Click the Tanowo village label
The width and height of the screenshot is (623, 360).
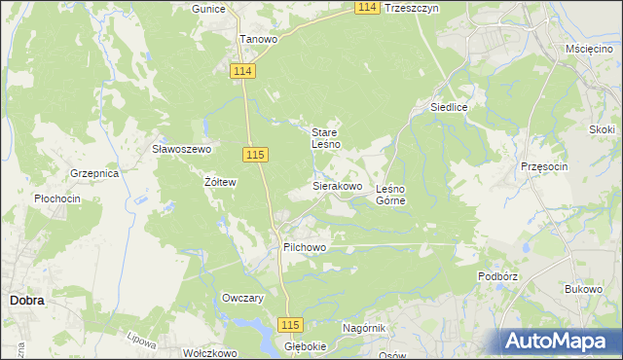pos(259,40)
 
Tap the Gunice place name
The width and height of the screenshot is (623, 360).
pos(208,9)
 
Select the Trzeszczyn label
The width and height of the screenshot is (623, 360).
pos(413,7)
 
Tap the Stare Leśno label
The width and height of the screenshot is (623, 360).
pos(325,138)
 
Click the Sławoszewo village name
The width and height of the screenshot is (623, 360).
pos(181,149)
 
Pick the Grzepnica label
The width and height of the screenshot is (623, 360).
pos(94,173)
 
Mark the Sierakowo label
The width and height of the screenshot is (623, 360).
pos(337,185)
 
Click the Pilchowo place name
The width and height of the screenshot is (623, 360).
pos(304,248)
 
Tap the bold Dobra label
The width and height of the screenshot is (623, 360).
pos(26,301)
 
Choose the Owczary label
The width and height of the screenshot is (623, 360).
pos(243,299)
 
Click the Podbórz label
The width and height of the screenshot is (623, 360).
pos(496,276)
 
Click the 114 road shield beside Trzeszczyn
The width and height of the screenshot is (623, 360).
pos(366,7)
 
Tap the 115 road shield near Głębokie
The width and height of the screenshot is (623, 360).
pos(290,325)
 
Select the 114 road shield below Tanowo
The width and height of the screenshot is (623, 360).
pos(243,72)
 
